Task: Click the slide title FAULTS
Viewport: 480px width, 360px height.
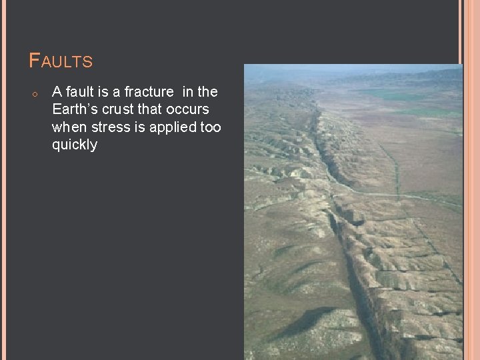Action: click(61, 61)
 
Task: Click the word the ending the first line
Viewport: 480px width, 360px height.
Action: click(207, 91)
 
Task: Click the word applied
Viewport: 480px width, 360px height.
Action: click(171, 127)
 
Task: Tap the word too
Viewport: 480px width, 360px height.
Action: click(211, 127)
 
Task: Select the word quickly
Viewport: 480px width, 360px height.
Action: click(75, 145)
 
